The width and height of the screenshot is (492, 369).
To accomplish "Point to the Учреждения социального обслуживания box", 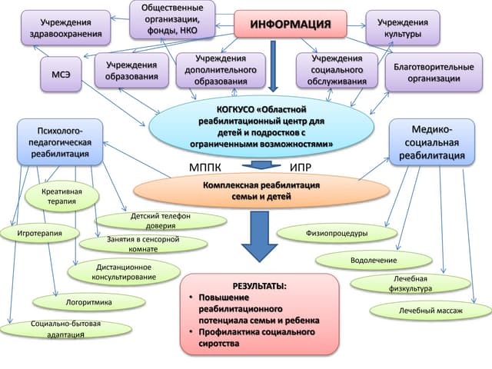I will [337, 69].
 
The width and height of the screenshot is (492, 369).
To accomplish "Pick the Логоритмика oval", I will [89, 302].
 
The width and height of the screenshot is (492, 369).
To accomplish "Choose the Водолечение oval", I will [374, 260].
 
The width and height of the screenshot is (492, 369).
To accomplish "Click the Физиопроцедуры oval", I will [336, 232].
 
